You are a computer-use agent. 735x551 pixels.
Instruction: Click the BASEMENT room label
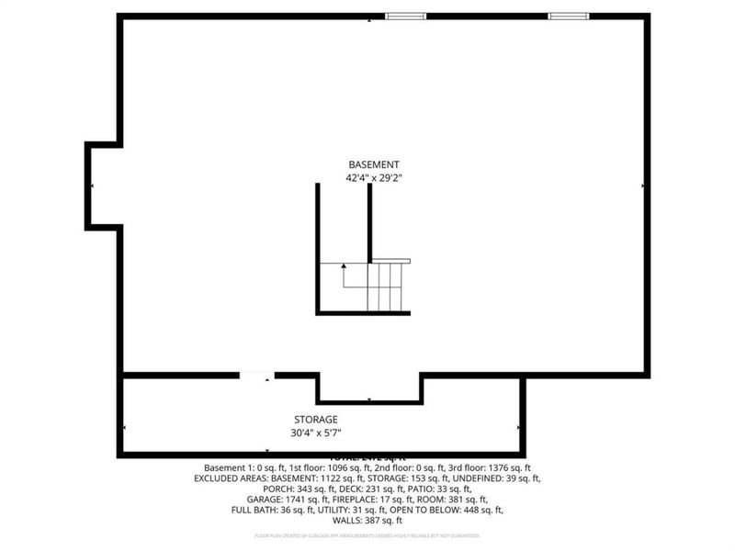(x=373, y=163)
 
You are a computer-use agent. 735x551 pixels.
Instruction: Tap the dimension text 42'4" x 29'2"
(x=373, y=178)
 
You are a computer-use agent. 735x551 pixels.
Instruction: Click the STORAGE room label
(x=316, y=420)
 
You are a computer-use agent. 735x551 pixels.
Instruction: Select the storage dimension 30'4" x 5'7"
(x=316, y=433)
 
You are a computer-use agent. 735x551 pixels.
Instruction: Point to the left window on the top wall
(x=405, y=16)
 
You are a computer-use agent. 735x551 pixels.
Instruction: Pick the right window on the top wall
(x=569, y=16)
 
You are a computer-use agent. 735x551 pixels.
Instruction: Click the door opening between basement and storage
(x=256, y=375)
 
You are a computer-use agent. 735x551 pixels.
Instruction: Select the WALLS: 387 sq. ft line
(x=367, y=521)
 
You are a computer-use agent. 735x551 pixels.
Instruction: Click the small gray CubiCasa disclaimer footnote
(x=367, y=535)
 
